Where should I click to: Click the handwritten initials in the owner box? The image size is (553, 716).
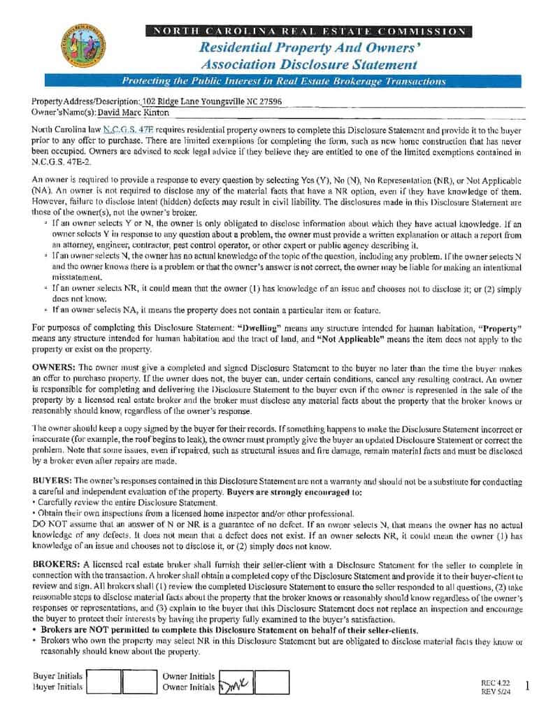[235, 683]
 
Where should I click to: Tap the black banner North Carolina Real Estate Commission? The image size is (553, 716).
[308, 31]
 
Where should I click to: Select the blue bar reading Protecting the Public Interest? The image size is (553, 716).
[284, 81]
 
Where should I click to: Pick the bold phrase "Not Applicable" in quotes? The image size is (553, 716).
[353, 339]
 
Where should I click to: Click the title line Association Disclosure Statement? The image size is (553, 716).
[308, 65]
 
